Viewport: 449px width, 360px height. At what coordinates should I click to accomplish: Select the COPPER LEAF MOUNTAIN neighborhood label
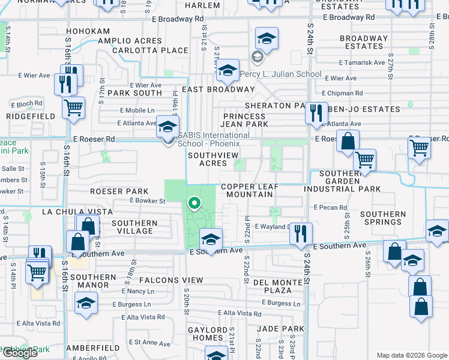(x=250, y=191)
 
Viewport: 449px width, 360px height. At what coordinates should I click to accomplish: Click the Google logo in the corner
(x=20, y=353)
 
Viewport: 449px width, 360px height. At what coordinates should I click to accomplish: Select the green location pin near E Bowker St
(x=194, y=205)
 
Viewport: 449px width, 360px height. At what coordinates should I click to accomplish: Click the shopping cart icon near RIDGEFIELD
(x=73, y=108)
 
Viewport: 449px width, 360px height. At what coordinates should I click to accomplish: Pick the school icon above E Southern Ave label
(x=211, y=239)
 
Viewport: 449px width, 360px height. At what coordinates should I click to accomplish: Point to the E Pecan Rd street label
(x=330, y=208)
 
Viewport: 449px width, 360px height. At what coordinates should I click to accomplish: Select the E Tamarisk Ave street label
(x=362, y=62)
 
